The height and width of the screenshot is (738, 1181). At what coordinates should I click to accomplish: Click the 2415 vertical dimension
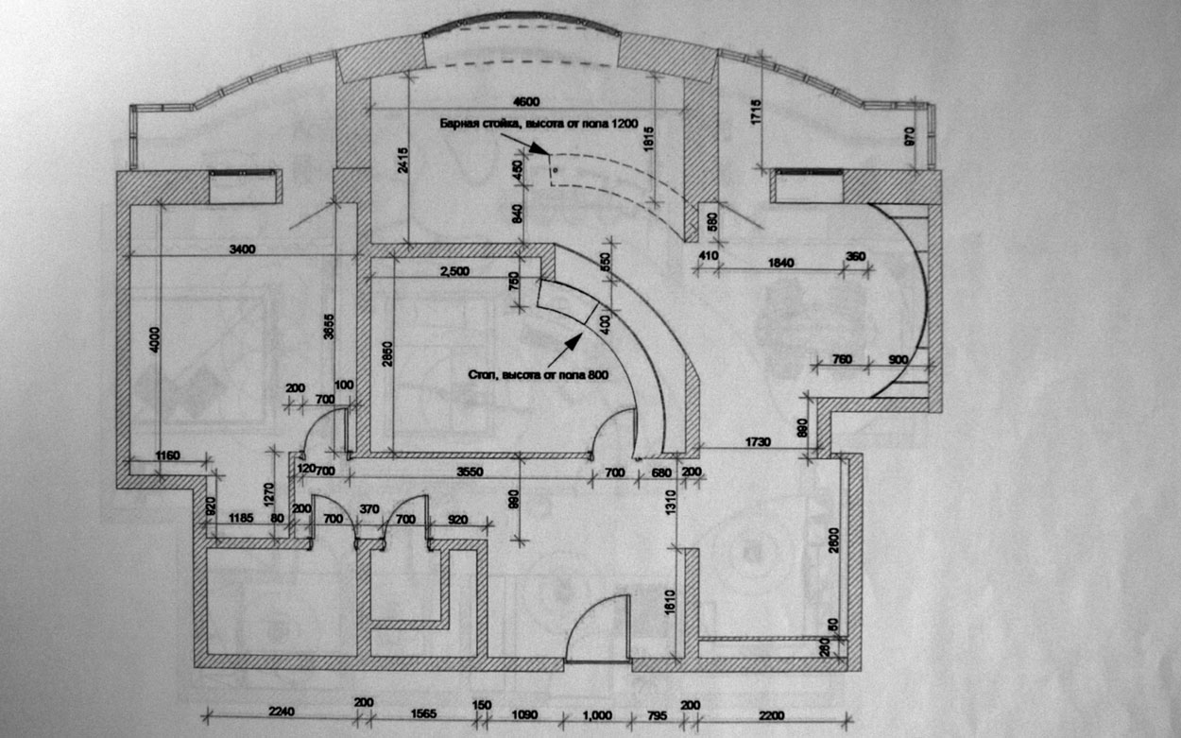click(404, 162)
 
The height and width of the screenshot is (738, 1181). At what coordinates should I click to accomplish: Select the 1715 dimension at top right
click(756, 112)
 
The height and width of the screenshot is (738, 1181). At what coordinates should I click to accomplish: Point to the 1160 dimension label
click(167, 456)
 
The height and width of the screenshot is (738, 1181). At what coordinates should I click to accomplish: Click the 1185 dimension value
click(244, 520)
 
